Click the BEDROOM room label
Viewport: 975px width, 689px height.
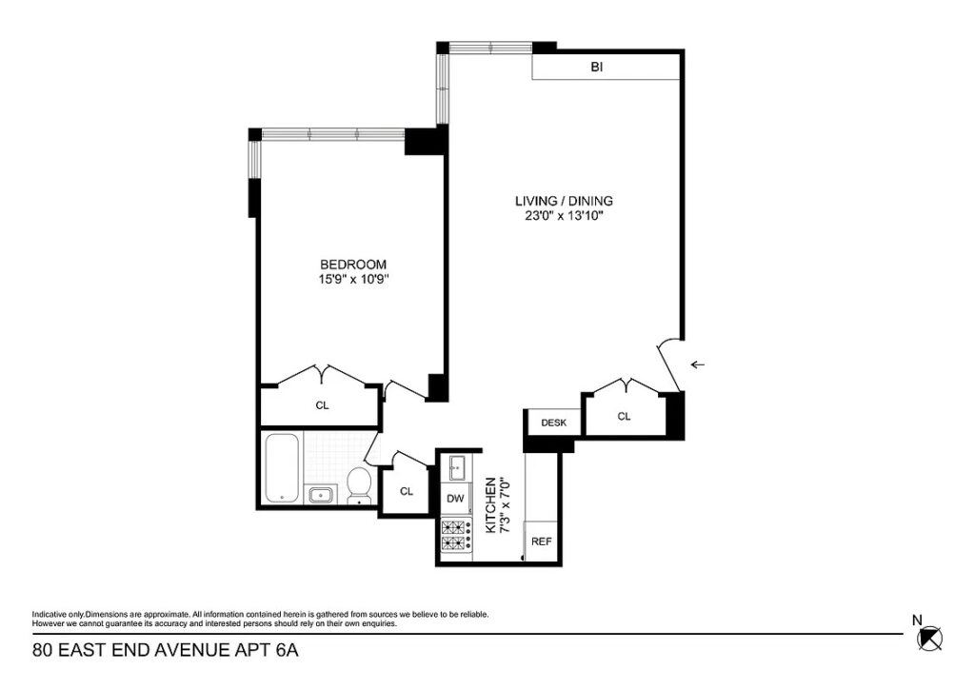coord(353,265)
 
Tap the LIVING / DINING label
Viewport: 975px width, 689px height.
coord(564,202)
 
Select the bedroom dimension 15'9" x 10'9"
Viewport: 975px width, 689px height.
coord(353,280)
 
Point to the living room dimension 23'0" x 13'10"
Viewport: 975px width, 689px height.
coord(564,216)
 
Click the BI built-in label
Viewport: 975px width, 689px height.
coord(597,68)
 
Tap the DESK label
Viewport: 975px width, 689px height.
coord(553,423)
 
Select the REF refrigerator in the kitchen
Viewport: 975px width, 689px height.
coord(542,541)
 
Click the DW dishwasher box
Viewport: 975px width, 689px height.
coord(456,499)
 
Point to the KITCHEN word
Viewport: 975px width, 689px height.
coord(490,504)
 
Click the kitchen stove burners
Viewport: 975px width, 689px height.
coord(456,535)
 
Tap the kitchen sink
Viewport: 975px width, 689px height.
coord(456,468)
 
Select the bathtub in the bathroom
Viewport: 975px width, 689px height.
coord(283,468)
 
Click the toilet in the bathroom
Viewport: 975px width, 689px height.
coord(358,485)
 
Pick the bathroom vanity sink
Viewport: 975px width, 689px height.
coord(322,495)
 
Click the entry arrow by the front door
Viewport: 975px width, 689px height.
coord(698,364)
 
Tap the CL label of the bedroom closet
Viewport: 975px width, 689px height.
coord(322,405)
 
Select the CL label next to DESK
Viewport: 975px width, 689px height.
coord(625,416)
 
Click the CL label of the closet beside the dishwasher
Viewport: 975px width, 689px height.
coord(407,491)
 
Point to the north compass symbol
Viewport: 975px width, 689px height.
coord(930,638)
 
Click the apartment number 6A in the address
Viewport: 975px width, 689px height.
coord(288,651)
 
